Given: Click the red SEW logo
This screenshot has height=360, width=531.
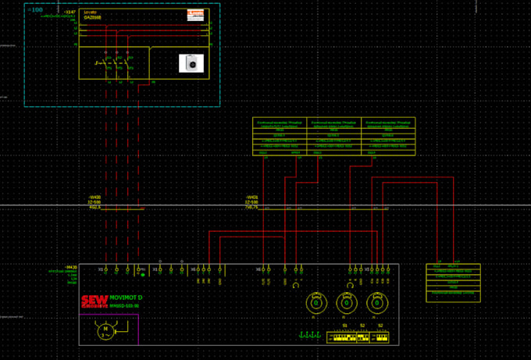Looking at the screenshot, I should coord(94,302).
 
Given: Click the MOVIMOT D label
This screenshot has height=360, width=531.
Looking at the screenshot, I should coord(126,298).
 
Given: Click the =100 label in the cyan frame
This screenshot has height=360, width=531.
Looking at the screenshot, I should coord(35,10).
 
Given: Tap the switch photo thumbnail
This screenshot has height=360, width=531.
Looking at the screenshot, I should coord(191,63).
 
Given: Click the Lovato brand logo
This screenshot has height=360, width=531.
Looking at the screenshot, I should coord(195,14).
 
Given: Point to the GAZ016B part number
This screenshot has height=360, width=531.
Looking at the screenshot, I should coord(93,17).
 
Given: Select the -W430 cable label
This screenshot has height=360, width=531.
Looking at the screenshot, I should coord(94,197).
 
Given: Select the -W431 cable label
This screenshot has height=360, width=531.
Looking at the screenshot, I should coord(251,197).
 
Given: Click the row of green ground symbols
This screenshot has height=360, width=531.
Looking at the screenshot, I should coord(310,336).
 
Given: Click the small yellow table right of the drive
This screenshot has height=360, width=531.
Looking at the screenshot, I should coord(454,282).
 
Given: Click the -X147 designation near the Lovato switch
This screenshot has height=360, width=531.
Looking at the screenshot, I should coord(69,12).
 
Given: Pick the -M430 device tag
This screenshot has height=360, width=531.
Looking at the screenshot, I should coord(72,267).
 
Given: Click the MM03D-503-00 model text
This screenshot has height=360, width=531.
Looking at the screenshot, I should coord(124,305).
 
